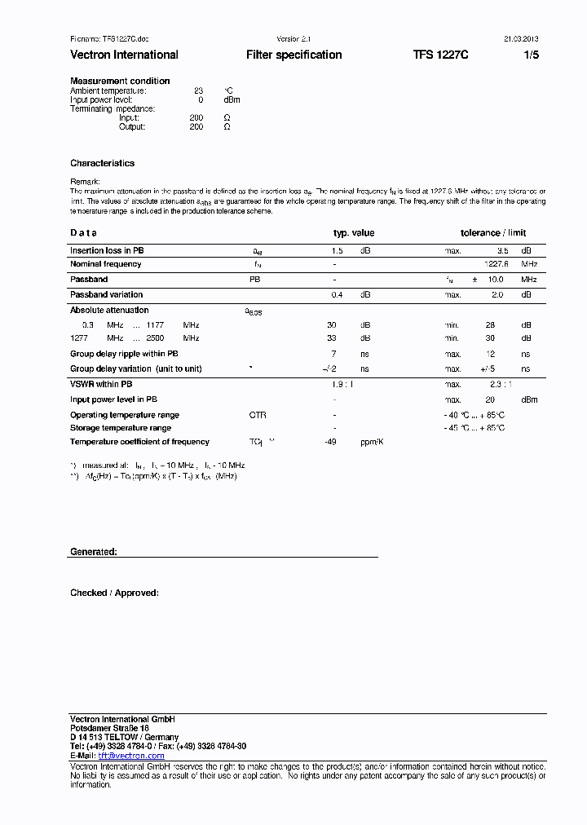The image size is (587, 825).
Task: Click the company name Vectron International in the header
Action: coord(124,55)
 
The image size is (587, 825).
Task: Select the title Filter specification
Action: coord(293,55)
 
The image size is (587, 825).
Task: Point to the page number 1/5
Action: coord(531,55)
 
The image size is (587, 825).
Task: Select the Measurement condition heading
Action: coord(120,81)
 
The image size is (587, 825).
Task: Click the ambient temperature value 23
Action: coord(198,90)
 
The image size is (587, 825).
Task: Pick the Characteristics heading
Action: coord(102,163)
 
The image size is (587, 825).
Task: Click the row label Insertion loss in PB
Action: coord(107,250)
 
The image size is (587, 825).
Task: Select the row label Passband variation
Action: coord(106,294)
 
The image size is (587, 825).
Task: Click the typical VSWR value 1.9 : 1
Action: coord(342,384)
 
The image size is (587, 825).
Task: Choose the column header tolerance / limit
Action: coord(493,233)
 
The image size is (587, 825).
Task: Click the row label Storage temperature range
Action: coord(121,428)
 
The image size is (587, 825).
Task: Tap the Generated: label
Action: coord(94,552)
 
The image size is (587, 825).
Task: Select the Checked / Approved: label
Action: coord(114,593)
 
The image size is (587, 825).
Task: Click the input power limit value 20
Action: coord(490,399)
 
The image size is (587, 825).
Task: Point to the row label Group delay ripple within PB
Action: coord(124,354)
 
